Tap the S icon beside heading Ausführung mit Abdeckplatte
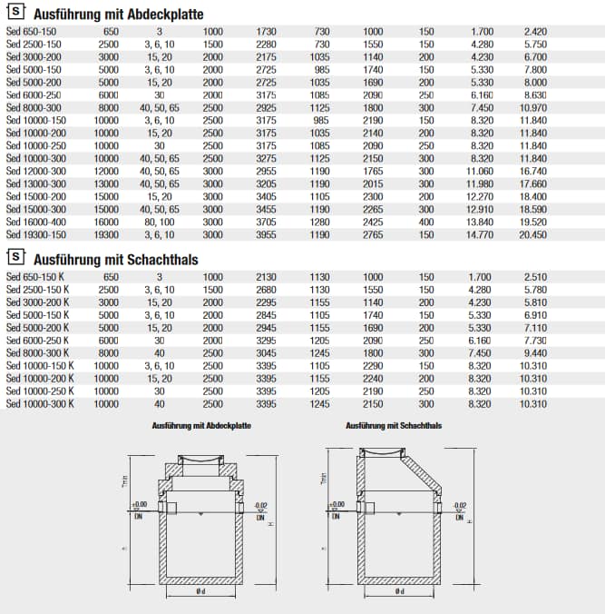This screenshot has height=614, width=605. [15, 15]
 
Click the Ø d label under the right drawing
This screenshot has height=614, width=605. [398, 592]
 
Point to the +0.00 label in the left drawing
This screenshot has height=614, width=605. [138, 503]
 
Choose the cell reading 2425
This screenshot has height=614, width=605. [373, 221]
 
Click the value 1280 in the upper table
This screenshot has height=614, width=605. [321, 221]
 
